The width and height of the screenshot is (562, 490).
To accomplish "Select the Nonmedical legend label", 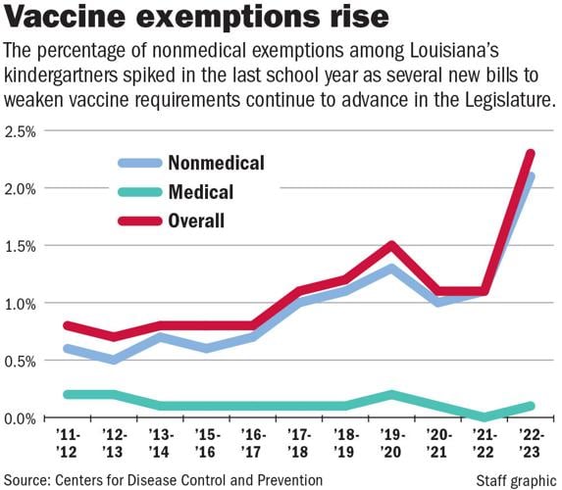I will pyautogui.click(x=216, y=162).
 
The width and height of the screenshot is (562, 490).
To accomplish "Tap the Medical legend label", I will pyautogui.click(x=200, y=192).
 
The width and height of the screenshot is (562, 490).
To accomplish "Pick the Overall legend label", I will pyautogui.click(x=196, y=221).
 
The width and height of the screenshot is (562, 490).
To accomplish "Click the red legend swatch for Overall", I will pyautogui.click(x=139, y=221).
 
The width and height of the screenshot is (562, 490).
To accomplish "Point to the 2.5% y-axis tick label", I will pyautogui.click(x=21, y=131).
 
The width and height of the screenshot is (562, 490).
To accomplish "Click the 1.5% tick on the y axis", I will pyautogui.click(x=21, y=246).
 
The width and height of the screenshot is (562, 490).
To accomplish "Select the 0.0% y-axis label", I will pyautogui.click(x=21, y=418).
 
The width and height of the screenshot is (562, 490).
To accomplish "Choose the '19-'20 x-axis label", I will pyautogui.click(x=391, y=442).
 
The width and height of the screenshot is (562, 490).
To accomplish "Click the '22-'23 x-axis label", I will pyautogui.click(x=531, y=442).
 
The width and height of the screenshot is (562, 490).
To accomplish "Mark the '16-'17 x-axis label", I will pyautogui.click(x=252, y=442).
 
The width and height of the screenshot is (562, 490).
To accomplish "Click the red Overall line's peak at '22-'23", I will pyautogui.click(x=531, y=153).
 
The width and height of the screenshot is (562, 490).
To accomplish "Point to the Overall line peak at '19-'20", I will pyautogui.click(x=391, y=245).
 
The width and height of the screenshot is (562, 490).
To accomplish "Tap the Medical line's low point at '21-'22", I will pyautogui.click(x=485, y=417).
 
